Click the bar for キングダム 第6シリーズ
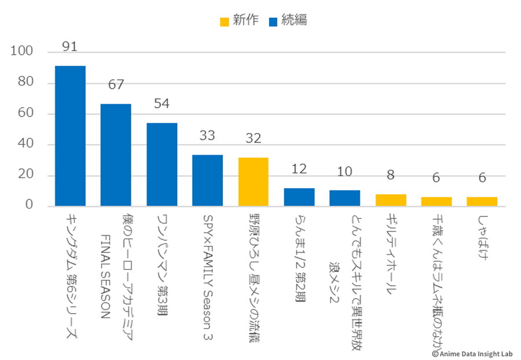70,136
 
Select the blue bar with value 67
116,155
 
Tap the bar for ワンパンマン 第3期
162,164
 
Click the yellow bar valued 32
254,182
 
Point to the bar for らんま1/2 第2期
299,197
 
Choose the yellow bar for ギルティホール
391,200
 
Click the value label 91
70,46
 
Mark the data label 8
391,175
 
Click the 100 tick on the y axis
24,52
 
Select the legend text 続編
294,20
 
